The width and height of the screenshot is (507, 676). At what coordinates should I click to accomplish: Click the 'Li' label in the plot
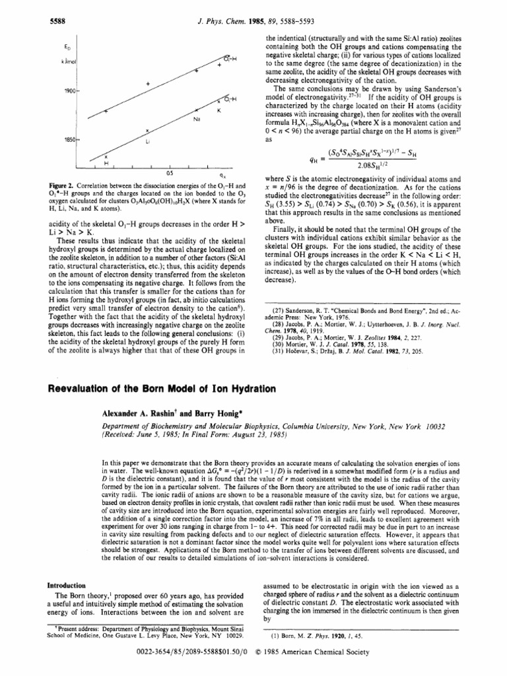pos(148,141)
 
